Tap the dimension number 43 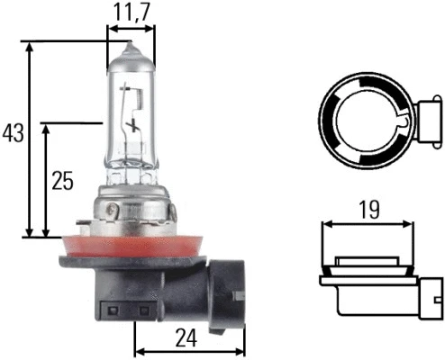(14, 133)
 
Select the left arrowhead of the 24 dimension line (138, 349)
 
